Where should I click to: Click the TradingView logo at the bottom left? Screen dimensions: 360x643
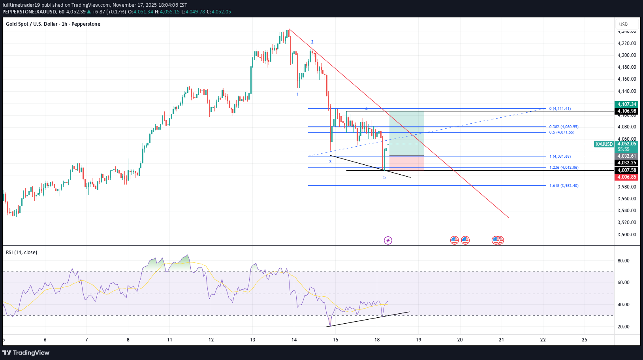tap(26, 352)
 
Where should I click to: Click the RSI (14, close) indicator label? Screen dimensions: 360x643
tap(21, 253)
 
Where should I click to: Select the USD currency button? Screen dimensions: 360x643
tap(623, 25)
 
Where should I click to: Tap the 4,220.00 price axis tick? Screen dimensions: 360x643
tap(627, 43)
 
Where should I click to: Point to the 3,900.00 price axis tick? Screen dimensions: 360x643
tap(627, 235)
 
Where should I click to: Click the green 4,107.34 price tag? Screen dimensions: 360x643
tap(626, 104)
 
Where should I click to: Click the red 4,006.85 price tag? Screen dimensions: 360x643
tap(626, 177)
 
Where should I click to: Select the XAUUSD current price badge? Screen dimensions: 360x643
tap(604, 144)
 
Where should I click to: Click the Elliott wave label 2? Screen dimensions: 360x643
tap(312, 42)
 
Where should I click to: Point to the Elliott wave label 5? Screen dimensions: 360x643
tap(384, 178)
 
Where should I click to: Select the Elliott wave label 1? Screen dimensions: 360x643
tap(298, 94)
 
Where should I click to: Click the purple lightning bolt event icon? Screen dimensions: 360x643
tap(388, 240)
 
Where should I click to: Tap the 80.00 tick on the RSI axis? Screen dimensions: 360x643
tap(623, 261)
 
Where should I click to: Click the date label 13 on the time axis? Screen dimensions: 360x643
tap(253, 340)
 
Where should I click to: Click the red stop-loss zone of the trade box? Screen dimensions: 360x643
tap(406, 163)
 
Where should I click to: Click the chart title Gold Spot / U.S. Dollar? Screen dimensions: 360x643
tap(32, 24)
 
